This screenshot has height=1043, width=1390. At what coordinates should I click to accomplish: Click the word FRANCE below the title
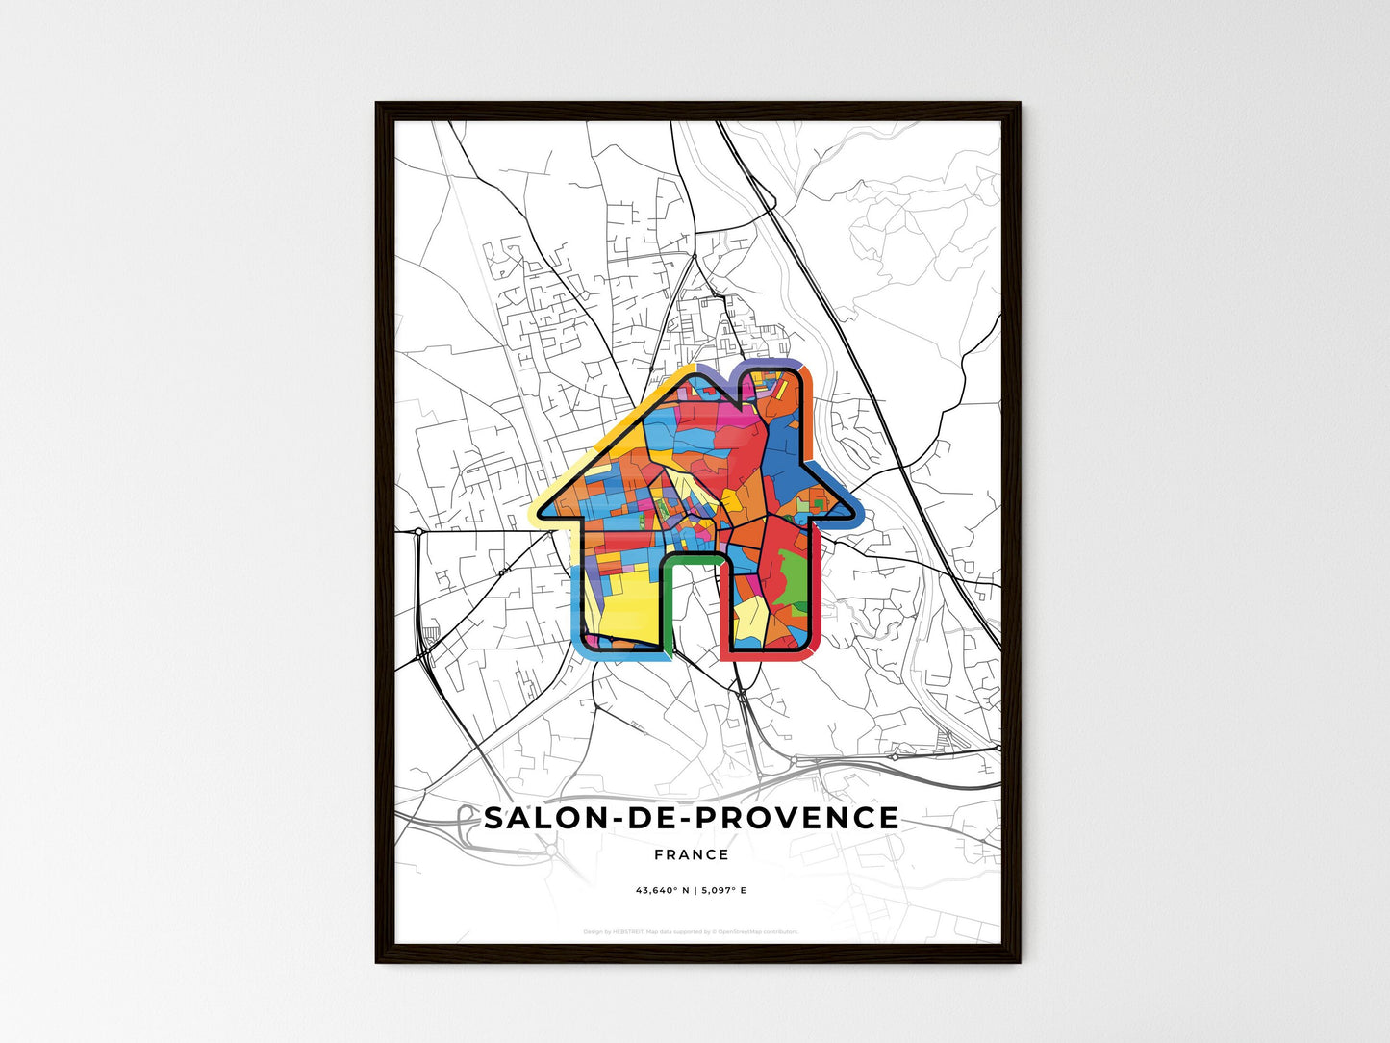tap(691, 854)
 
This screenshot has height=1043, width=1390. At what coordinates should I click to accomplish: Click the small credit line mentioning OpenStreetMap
tap(691, 931)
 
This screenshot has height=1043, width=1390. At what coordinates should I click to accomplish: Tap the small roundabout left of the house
tap(419, 531)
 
